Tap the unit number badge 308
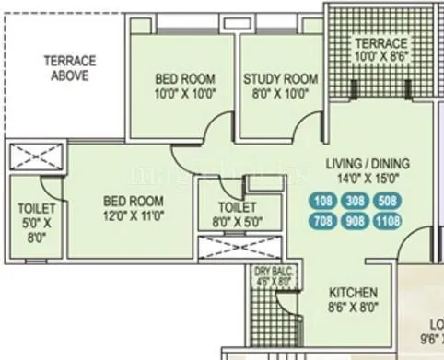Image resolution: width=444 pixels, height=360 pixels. coord(355,200)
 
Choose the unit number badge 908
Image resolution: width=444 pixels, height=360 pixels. coord(355,221)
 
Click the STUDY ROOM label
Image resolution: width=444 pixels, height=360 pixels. coord(280,79)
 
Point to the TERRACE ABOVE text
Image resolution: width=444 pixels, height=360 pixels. coord(69,69)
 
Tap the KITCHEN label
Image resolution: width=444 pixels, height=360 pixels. coord(355,296)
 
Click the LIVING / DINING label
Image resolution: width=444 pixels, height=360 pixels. coord(368,165)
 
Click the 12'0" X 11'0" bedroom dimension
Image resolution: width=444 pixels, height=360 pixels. coord(133,215)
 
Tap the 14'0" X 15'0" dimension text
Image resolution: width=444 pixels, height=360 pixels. coord(368,180)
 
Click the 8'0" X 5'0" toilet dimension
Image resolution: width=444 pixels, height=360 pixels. coord(236,221)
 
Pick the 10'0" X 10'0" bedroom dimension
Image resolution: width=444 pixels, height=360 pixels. coord(185,93)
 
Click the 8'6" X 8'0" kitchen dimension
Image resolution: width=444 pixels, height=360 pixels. coord(355,311)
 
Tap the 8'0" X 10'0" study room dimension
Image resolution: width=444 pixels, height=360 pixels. coord(280,93)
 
